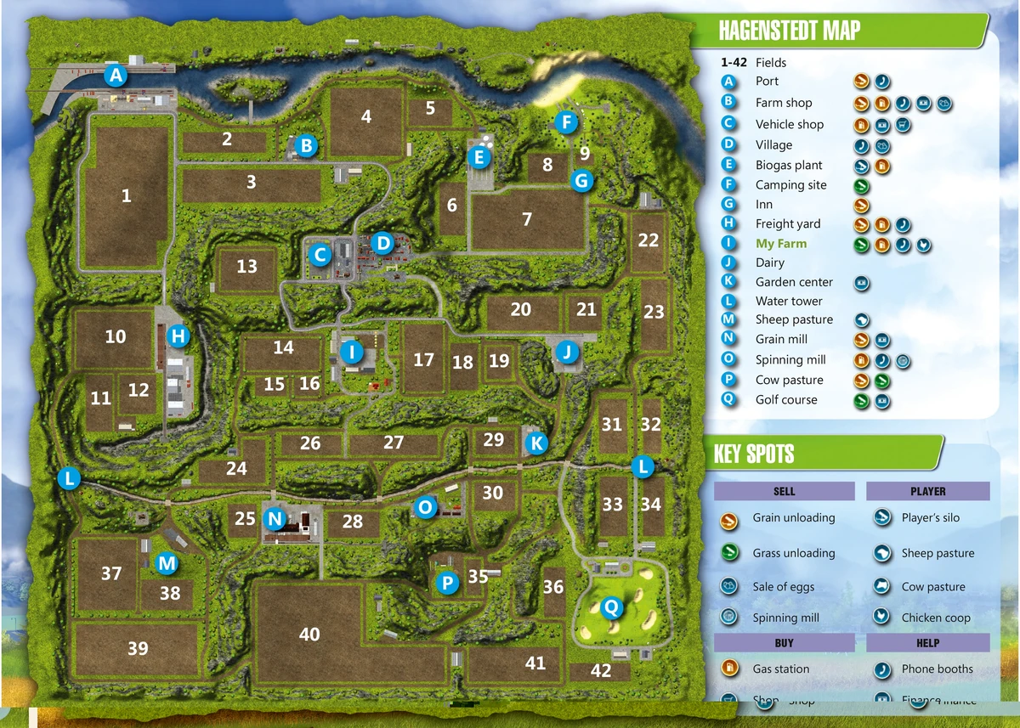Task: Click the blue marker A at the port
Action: [x=116, y=76]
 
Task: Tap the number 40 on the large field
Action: [x=309, y=635]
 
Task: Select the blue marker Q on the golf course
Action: [x=610, y=607]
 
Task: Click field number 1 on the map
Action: [x=127, y=196]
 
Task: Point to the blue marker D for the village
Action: [x=383, y=245]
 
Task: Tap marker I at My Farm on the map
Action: [x=351, y=351]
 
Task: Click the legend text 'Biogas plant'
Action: [x=788, y=165]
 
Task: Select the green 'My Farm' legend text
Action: [x=780, y=243]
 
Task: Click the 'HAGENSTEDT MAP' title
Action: [x=789, y=31]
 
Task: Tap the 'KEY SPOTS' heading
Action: [x=753, y=454]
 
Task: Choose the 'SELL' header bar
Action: [x=784, y=491]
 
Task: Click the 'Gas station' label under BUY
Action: [x=780, y=669]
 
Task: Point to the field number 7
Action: [x=527, y=219]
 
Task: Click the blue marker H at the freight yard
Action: [x=178, y=336]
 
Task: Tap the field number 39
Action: [x=138, y=648]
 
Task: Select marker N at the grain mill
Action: [x=275, y=517]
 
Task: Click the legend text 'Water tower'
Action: [x=789, y=301]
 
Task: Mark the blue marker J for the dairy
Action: [x=567, y=352]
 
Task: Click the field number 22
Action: [x=649, y=240]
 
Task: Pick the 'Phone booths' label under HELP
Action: [x=937, y=669]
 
